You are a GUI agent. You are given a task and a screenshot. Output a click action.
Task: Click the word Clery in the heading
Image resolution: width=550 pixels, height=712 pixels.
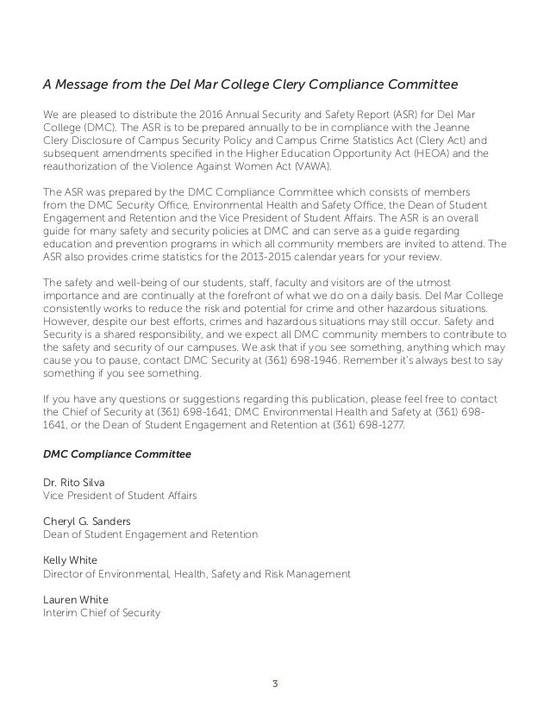tap(275, 84)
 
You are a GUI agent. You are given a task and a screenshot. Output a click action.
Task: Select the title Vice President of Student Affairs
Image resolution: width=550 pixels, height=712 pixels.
tap(120, 496)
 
